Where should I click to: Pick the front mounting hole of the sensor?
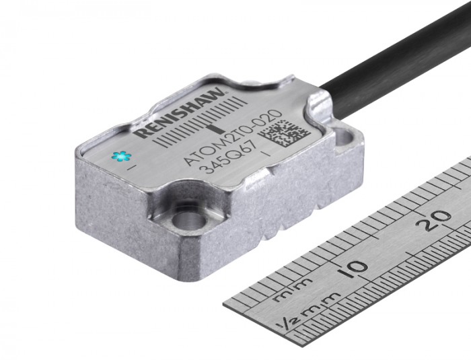181,219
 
